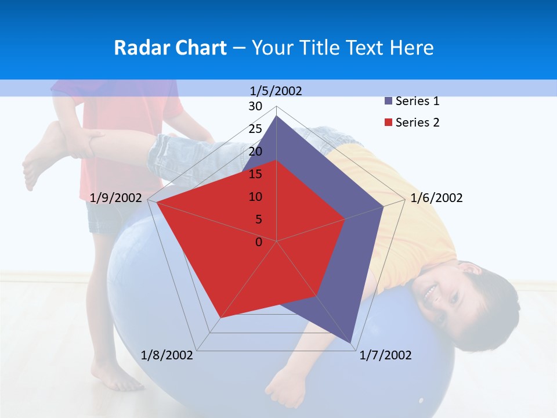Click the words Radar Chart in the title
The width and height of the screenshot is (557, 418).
pyautogui.click(x=170, y=48)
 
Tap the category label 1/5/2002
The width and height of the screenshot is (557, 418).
pyautogui.click(x=276, y=91)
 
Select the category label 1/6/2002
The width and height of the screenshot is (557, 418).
pyautogui.click(x=436, y=198)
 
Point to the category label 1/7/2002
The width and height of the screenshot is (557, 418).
pyautogui.click(x=385, y=355)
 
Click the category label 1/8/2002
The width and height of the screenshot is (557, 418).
pyautogui.click(x=167, y=355)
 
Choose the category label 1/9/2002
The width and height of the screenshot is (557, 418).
pyautogui.click(x=116, y=198)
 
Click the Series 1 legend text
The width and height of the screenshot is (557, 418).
pyautogui.click(x=417, y=101)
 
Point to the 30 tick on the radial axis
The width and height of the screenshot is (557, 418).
pyautogui.click(x=255, y=106)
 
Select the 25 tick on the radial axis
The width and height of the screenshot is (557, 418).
pyautogui.click(x=255, y=129)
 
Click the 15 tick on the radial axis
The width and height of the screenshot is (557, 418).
pyautogui.click(x=255, y=174)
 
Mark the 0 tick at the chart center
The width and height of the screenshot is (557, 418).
pyautogui.click(x=259, y=242)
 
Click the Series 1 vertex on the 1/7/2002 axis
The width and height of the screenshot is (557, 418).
pyautogui.click(x=352, y=343)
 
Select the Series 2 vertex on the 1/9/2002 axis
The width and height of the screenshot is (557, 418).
pyautogui.click(x=157, y=203)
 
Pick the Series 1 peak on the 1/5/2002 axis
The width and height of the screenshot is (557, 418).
pyautogui.click(x=277, y=116)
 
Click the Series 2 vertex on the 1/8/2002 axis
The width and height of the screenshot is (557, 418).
pyautogui.click(x=220, y=318)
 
